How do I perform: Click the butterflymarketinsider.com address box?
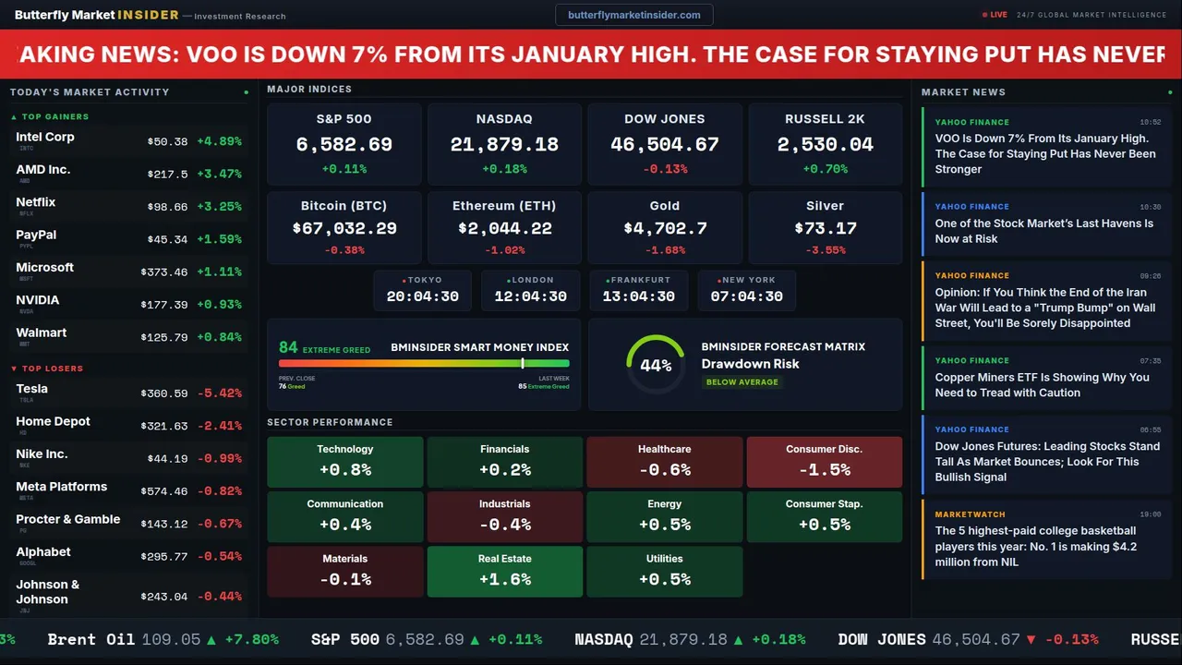(x=633, y=15)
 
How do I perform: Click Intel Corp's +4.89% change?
(x=219, y=141)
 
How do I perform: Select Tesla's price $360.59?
(x=167, y=393)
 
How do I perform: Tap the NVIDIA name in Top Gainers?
(x=38, y=300)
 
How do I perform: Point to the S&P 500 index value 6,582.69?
(x=344, y=145)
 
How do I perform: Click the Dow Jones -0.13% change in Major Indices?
(x=665, y=169)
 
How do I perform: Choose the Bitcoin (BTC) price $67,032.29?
(x=344, y=228)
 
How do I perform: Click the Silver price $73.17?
(x=825, y=228)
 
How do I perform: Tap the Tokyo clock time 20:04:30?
(x=422, y=296)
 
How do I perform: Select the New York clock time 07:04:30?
(x=746, y=296)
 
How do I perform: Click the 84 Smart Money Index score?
(x=288, y=347)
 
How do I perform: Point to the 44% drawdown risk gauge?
(x=656, y=365)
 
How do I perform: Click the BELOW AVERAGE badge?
(x=742, y=381)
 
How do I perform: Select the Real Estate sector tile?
(x=504, y=572)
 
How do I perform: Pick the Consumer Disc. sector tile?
(x=824, y=462)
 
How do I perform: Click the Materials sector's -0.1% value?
(x=345, y=579)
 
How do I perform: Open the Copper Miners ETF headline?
(x=1042, y=384)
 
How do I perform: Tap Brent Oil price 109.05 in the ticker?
(x=171, y=639)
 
